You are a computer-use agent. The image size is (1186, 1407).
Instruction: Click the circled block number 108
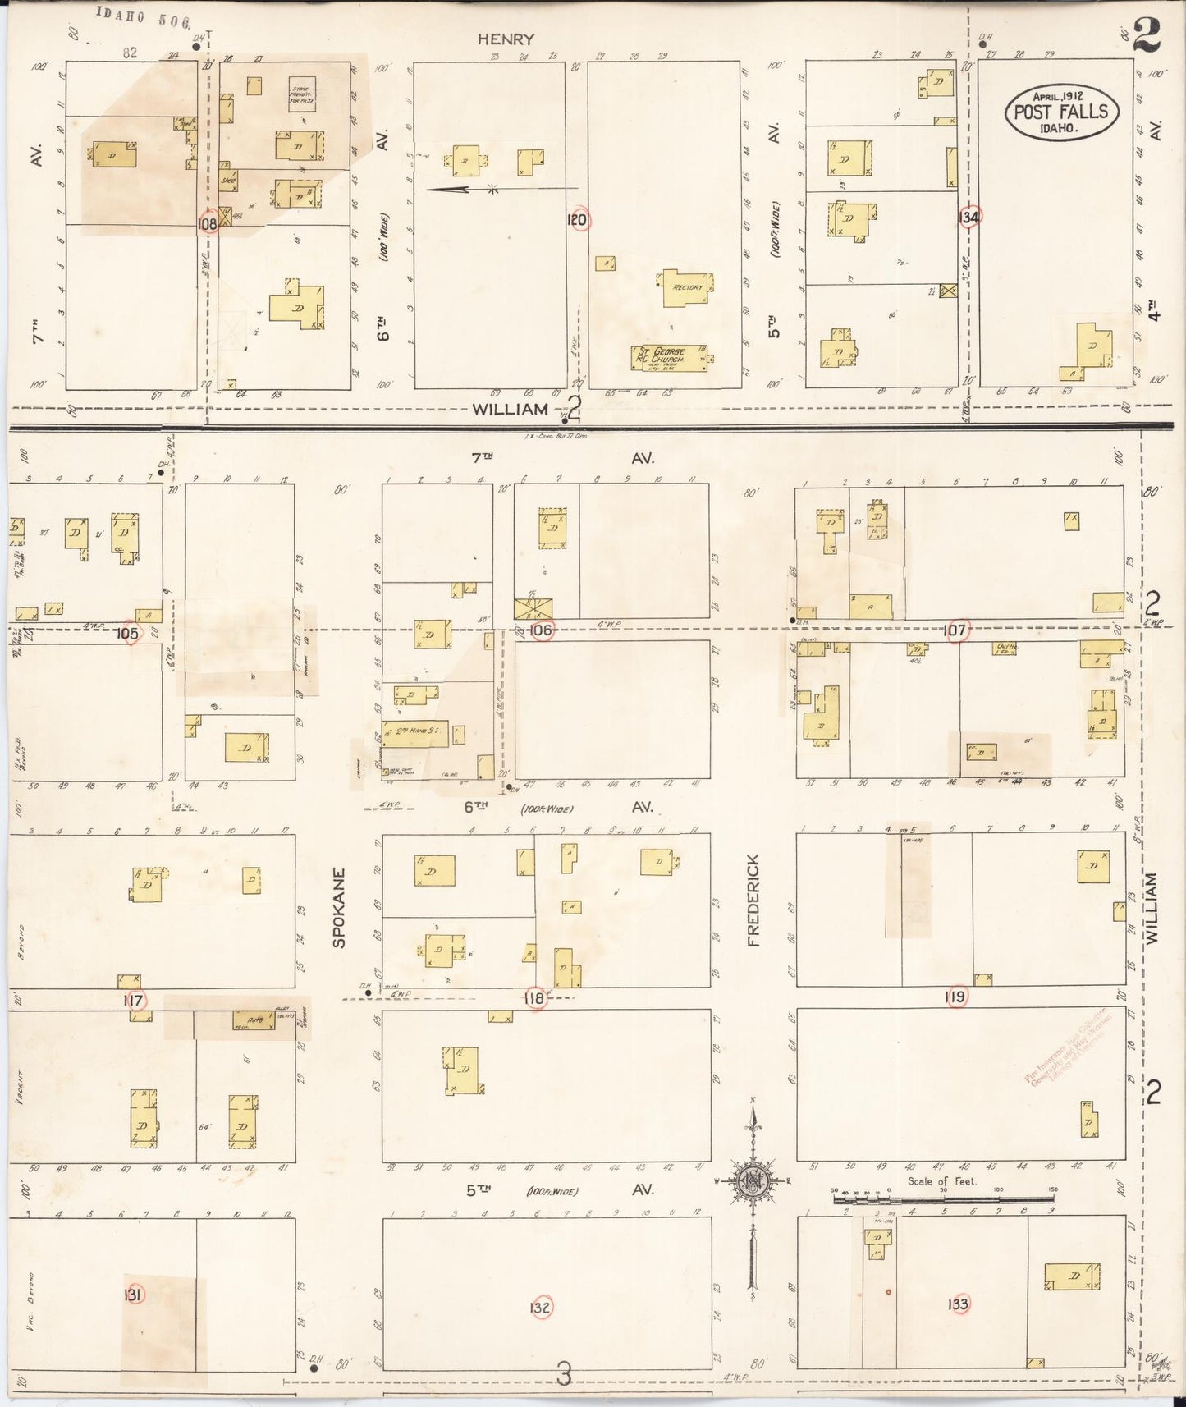[x=208, y=222]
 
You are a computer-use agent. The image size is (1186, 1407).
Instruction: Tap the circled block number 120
[x=578, y=219]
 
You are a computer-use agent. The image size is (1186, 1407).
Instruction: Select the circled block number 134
[x=969, y=217]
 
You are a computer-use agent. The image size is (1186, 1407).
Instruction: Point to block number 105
[x=128, y=633]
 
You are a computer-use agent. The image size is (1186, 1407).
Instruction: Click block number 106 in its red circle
[x=541, y=630]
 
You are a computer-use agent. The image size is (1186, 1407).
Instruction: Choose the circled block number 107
[x=955, y=630]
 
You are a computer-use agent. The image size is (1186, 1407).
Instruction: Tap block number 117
[x=133, y=1001]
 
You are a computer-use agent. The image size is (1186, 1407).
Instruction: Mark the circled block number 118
[x=535, y=998]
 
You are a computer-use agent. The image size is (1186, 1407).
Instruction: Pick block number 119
[x=955, y=997]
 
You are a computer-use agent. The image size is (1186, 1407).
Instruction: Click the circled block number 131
[x=133, y=1295]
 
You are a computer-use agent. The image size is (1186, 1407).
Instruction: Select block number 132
[x=540, y=1307]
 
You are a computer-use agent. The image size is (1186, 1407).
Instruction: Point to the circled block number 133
[x=957, y=1304]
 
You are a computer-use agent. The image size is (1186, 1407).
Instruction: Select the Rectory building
[x=686, y=287]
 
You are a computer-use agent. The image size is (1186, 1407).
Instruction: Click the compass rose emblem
[x=751, y=1181]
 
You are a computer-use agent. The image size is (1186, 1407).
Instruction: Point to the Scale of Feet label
[x=941, y=1181]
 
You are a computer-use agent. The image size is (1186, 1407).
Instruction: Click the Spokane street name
[x=339, y=907]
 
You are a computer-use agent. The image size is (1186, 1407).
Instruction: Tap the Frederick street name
[x=753, y=900]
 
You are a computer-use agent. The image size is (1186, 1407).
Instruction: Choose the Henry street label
[x=506, y=39]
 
